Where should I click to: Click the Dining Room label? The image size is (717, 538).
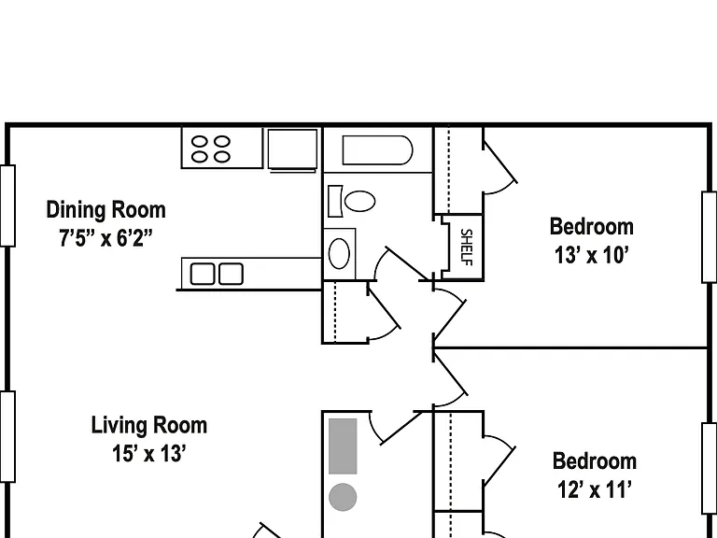point(106,210)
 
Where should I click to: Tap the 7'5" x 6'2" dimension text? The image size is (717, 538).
point(105,238)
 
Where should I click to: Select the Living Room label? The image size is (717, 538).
point(149,426)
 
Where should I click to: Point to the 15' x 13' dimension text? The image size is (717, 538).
point(149,454)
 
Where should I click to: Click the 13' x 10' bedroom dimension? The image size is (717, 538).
point(592,255)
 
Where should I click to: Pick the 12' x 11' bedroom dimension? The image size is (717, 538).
point(595,489)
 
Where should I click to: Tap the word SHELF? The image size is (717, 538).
point(466,247)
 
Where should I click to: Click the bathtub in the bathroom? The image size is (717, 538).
point(378,150)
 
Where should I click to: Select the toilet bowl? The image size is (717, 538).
point(359,201)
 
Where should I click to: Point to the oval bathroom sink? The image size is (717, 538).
point(339,253)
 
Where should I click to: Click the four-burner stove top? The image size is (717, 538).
point(222,148)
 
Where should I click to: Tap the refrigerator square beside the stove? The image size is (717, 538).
point(292,149)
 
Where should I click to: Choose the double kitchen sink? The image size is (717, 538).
point(217,274)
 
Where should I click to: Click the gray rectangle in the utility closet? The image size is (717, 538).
point(343,446)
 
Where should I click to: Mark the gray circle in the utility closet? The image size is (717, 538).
point(343,497)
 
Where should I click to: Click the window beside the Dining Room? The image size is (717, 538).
point(7,205)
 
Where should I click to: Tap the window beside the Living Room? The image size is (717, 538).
point(7,436)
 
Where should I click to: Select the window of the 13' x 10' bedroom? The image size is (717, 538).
point(710,237)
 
